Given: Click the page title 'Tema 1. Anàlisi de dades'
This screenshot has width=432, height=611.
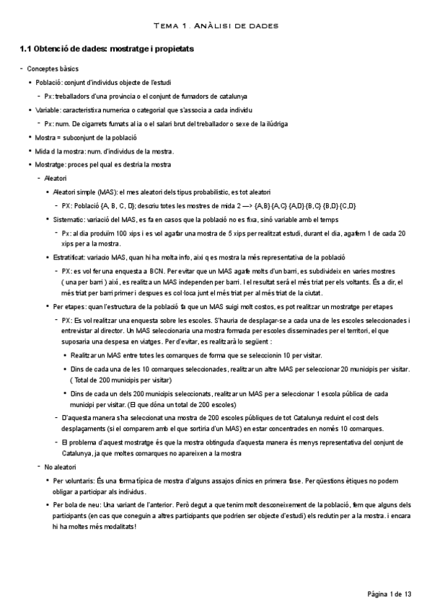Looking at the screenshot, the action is [216, 26].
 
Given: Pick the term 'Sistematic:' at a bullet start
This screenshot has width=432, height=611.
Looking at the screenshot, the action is [71, 219].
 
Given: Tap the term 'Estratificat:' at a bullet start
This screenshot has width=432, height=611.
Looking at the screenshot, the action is [73, 257].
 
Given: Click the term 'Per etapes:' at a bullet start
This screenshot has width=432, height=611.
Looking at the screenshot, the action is [71, 307].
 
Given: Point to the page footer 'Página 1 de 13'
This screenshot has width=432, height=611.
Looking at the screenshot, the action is [389, 594].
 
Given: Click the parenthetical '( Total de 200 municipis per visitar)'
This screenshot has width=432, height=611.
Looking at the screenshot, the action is [120, 378].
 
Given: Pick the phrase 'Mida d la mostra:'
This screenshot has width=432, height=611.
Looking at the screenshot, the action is [60, 151].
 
